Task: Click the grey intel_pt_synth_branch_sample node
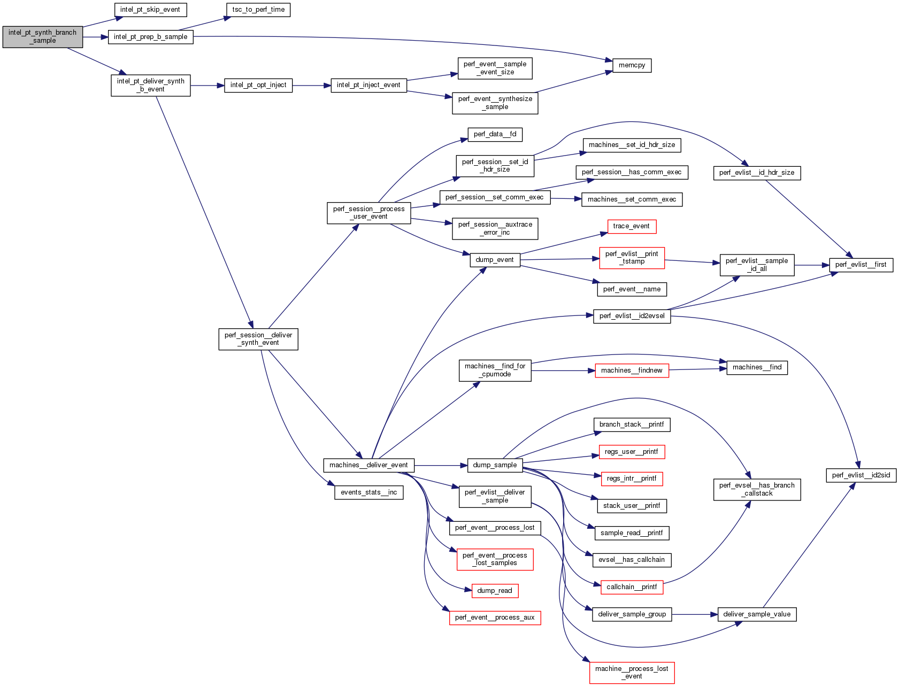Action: [43, 37]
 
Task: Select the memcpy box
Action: [632, 65]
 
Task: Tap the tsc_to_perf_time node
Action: [258, 10]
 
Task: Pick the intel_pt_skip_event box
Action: [150, 10]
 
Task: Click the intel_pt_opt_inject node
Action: [258, 85]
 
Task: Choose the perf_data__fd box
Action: [495, 134]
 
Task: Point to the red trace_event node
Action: [631, 226]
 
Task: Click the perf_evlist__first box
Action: [860, 265]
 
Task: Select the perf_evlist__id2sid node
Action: [860, 475]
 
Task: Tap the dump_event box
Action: [495, 260]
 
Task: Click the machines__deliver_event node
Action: [368, 465]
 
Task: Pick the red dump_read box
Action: [495, 591]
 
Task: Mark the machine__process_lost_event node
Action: [632, 673]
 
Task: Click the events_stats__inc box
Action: [368, 492]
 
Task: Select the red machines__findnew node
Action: [632, 370]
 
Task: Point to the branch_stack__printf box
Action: [632, 424]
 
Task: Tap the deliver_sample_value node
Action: [757, 614]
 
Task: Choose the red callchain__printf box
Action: [632, 587]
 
